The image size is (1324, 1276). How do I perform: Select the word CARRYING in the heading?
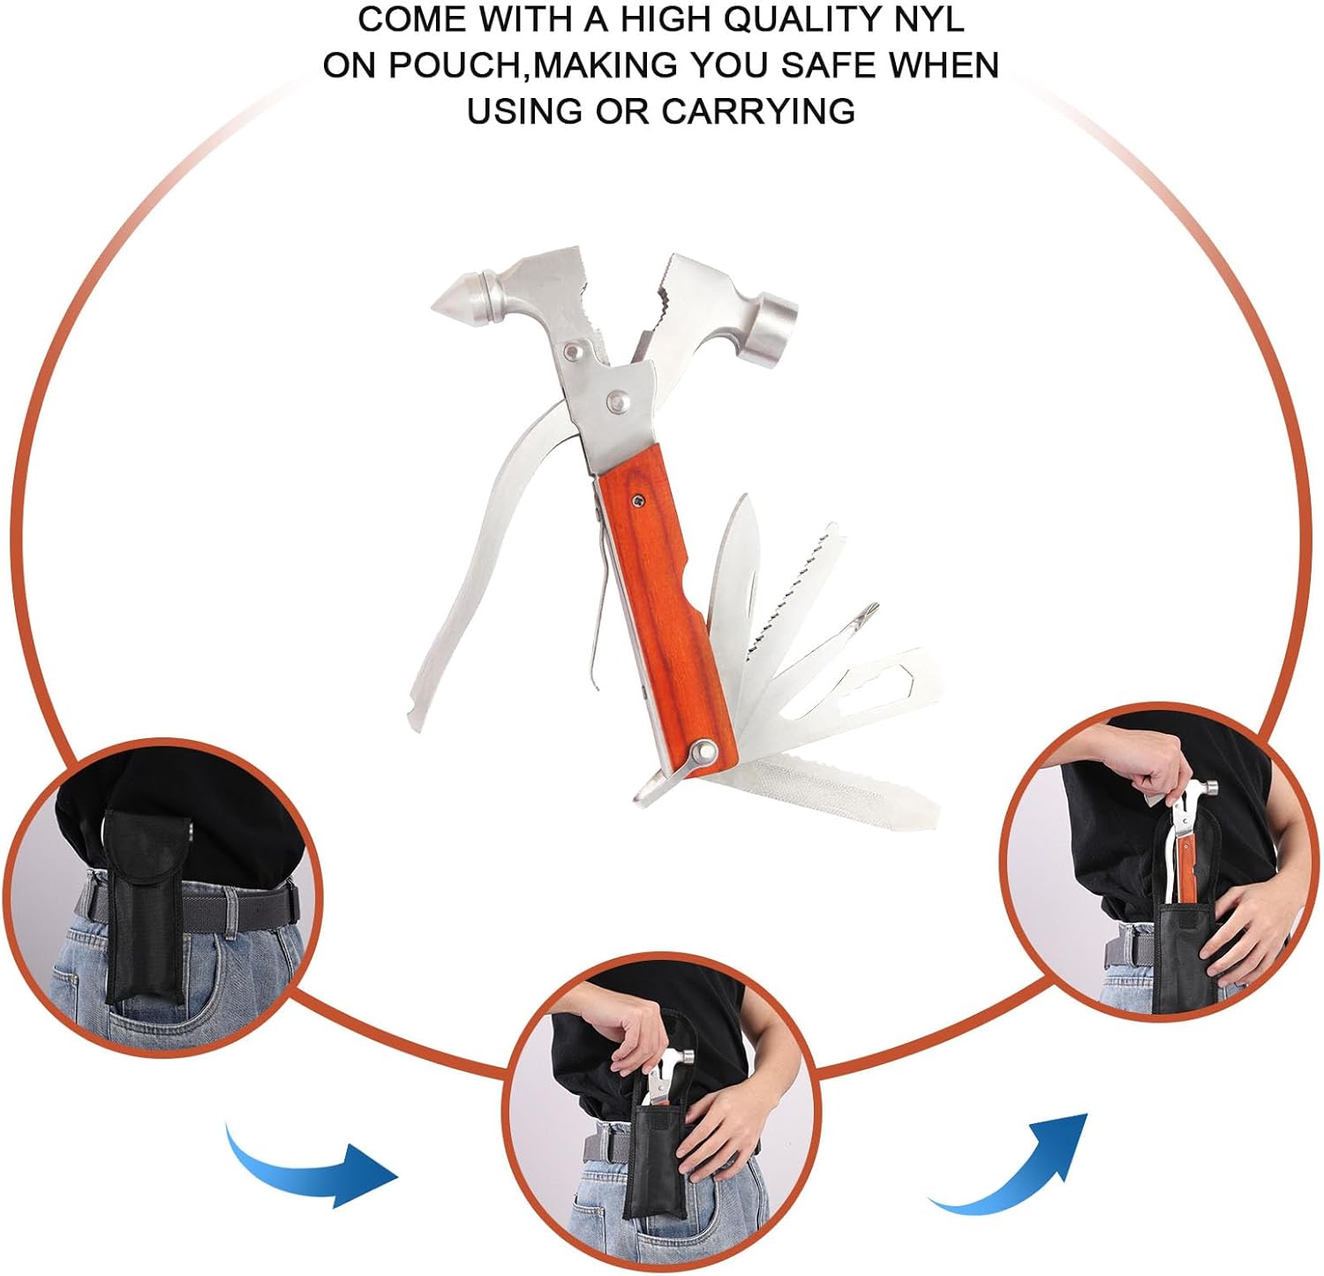coord(758,111)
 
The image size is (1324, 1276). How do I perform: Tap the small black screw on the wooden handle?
coord(637,502)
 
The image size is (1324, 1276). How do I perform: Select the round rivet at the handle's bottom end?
coord(704,752)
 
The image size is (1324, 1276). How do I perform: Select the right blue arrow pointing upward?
coord(1015,1166)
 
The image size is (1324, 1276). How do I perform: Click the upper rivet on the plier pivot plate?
coord(580,351)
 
